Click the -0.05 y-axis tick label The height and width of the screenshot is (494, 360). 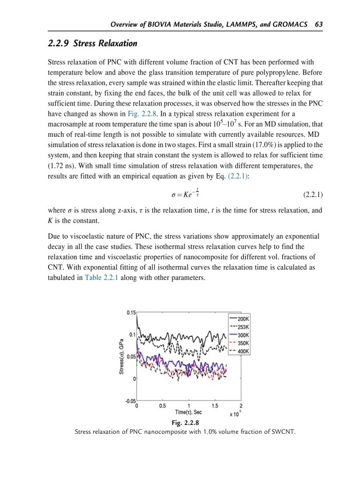(130, 400)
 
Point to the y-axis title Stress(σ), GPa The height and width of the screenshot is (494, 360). (121, 356)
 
